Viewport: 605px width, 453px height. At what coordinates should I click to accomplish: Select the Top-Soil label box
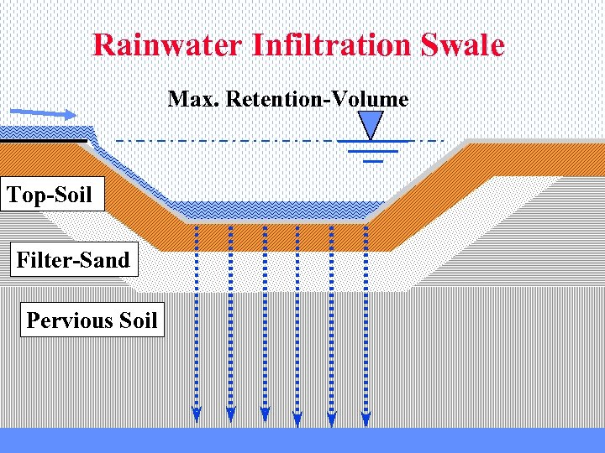(x=50, y=195)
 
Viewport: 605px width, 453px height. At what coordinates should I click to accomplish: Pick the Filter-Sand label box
(x=73, y=260)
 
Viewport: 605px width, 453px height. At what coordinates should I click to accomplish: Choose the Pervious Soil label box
(x=92, y=320)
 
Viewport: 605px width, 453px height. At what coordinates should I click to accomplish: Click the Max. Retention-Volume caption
(x=288, y=99)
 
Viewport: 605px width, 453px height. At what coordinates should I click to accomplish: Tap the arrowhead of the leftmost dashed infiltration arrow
(x=197, y=414)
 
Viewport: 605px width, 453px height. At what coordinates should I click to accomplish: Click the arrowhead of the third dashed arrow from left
(x=265, y=414)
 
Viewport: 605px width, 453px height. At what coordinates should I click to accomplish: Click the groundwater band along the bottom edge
(x=302, y=440)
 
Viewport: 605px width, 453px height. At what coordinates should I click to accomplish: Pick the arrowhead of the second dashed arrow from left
(x=231, y=414)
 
